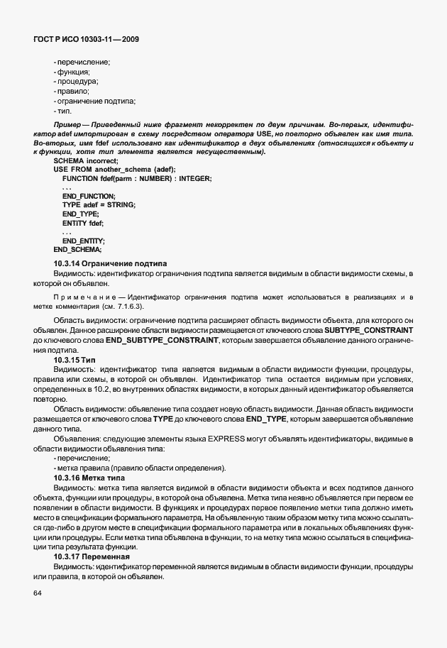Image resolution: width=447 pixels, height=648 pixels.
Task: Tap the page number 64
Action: (38, 593)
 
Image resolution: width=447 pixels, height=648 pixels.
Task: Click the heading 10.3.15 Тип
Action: (74, 361)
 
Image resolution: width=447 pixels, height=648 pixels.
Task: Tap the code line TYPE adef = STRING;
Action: (99, 205)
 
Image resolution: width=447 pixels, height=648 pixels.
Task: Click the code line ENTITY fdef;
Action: (83, 223)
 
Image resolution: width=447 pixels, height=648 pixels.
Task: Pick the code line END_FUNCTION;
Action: (89, 196)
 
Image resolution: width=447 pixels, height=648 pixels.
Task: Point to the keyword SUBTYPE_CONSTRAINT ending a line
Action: (368, 331)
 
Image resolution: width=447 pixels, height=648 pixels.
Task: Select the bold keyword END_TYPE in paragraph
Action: (265, 419)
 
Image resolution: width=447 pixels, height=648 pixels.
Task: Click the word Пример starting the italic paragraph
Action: (45, 126)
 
